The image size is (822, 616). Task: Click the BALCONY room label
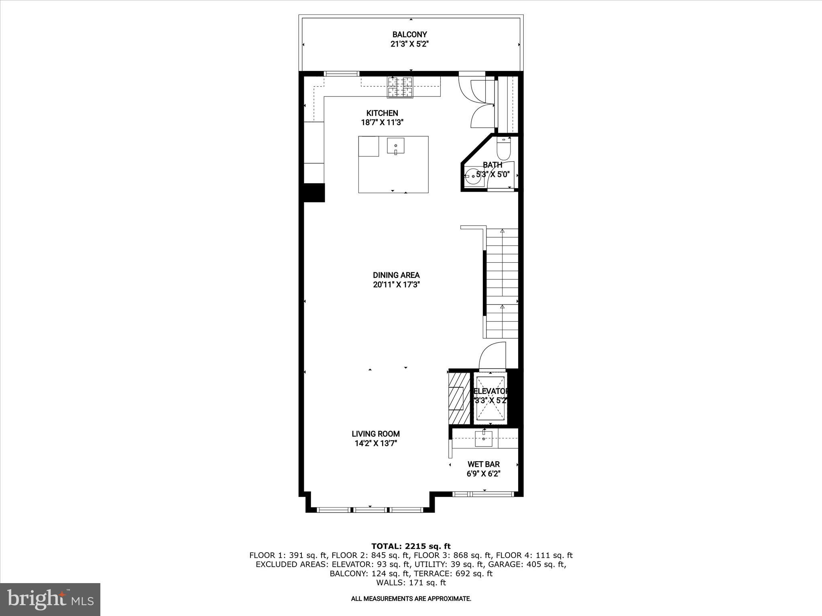[x=409, y=34]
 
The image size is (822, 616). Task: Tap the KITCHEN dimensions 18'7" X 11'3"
[x=382, y=123]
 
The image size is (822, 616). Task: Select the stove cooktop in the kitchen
[x=400, y=87]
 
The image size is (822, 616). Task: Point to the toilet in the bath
[x=503, y=150]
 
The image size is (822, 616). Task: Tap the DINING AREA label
[x=396, y=275]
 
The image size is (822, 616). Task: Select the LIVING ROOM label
[x=376, y=434]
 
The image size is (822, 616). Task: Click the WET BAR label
[x=483, y=464]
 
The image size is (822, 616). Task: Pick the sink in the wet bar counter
[x=484, y=439]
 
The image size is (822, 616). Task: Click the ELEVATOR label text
[x=490, y=391]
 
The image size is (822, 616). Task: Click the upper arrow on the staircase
[x=502, y=231]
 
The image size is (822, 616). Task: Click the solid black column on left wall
[x=313, y=192]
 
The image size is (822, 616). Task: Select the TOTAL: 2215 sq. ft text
[x=411, y=546]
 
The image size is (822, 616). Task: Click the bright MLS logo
[x=50, y=599]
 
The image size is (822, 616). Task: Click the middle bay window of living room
[x=370, y=510]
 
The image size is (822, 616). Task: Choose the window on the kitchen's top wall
[x=341, y=73]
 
